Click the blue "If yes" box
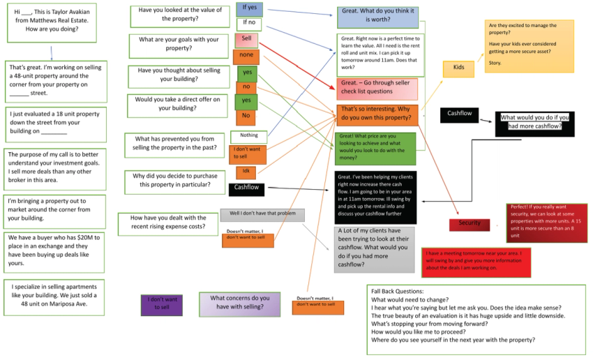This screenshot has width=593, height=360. click(x=249, y=9)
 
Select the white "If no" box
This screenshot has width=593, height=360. click(x=249, y=24)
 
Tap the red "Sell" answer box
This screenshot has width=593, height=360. click(x=246, y=40)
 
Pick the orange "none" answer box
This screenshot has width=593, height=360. click(x=246, y=57)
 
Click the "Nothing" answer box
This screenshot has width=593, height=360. click(x=248, y=136)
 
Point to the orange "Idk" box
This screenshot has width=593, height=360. click(x=246, y=172)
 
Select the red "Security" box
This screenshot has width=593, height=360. click(x=470, y=223)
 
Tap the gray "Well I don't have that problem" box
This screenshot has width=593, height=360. click(x=262, y=215)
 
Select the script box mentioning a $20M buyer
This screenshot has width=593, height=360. click(x=55, y=250)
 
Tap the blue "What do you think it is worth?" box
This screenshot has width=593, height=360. click(x=377, y=17)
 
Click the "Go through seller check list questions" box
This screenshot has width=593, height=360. click(x=377, y=88)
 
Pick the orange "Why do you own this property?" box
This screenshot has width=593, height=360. click(x=377, y=115)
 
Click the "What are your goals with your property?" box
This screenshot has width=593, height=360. click(x=179, y=45)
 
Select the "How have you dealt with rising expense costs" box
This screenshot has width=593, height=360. click(x=167, y=223)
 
